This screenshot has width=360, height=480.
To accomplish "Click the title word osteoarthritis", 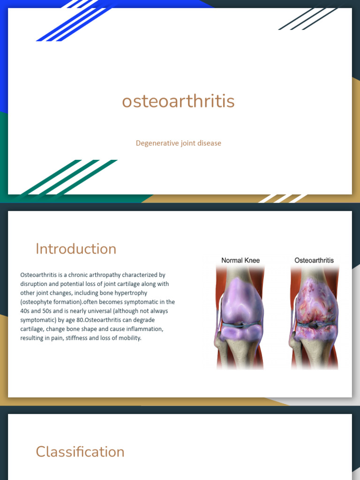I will point(178,101).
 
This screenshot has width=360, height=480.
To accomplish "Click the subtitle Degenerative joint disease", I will point(178,143).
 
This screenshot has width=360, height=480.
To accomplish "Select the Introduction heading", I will point(76,249).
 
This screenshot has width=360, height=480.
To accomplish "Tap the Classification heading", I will point(80,452).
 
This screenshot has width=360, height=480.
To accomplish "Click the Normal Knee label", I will point(240,260).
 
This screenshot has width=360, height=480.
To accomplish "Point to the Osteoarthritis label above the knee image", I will point(314,260).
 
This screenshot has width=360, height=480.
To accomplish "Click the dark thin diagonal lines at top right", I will point(309,18).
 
